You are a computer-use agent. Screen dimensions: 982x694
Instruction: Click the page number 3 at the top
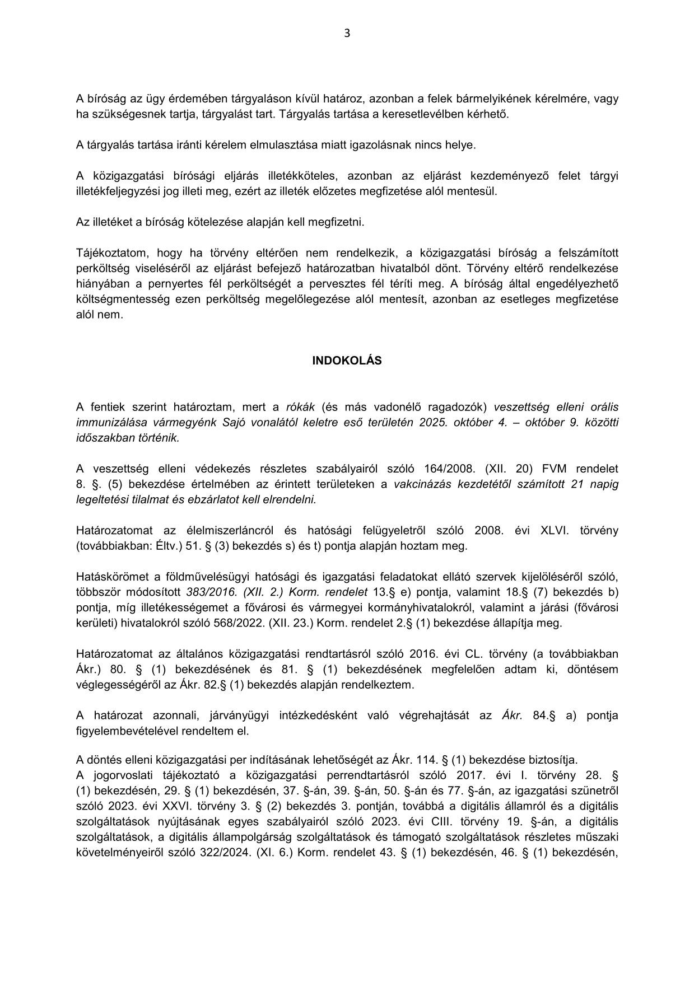[x=347, y=34]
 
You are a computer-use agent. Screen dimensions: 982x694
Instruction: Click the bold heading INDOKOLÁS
[x=347, y=361]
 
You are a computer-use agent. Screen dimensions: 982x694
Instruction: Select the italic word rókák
[x=301, y=407]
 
